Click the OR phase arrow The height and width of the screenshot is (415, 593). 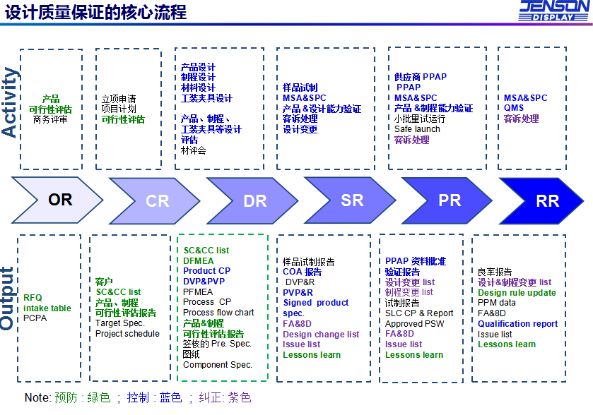pos(60,200)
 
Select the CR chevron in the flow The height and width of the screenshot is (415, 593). pos(157,201)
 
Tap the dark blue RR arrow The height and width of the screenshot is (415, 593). pos(547,201)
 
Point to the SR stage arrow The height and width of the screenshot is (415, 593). pos(352,200)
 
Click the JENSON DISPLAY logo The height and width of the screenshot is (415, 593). pos(554,10)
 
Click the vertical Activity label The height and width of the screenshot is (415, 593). pos(10,103)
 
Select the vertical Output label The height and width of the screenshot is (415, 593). pos(8,299)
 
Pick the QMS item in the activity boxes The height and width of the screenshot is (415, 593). pos(514,109)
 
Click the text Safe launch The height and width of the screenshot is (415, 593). pos(417,129)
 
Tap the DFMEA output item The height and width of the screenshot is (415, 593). pos(198,260)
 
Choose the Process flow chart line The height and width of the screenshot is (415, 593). pos(218,313)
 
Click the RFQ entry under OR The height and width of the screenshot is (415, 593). pos(33,298)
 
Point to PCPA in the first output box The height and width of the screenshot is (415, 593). pos(35,318)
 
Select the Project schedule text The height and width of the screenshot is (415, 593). pos(127,334)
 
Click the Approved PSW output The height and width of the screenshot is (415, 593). pos(414,324)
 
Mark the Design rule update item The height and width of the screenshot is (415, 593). pos(517,293)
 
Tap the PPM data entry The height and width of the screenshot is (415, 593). pos(497,303)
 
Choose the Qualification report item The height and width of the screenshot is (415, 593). pos(517,324)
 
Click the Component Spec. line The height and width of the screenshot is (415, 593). pos(217,365)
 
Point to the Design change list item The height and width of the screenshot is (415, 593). pos(321,335)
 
